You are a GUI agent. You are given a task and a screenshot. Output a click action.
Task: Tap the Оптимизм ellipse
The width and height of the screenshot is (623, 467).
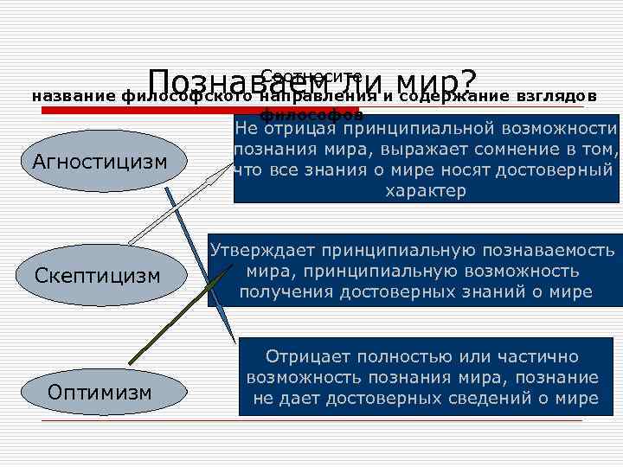[100, 392]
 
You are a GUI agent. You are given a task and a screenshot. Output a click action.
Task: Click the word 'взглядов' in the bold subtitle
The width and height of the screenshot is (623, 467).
[556, 96]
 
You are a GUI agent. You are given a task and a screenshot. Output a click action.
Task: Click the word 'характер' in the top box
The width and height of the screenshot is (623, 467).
[425, 191]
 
